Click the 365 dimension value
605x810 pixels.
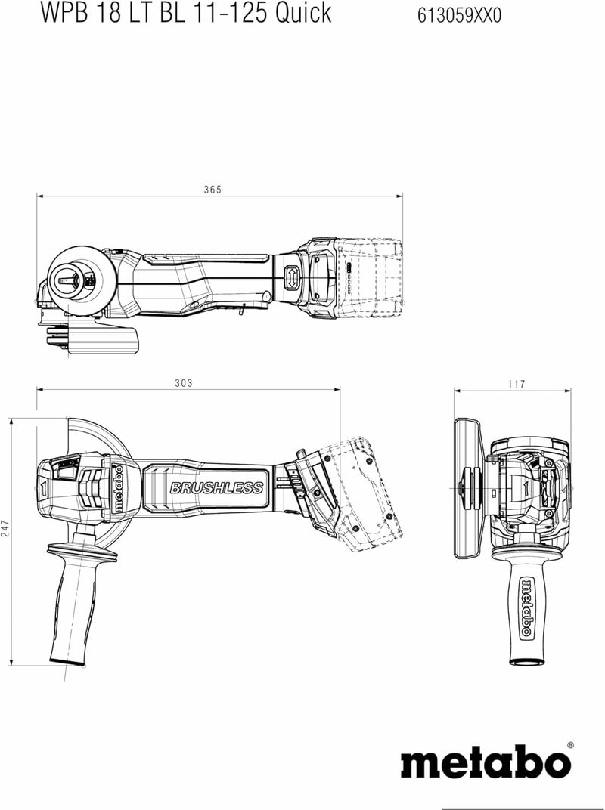pyautogui.click(x=212, y=190)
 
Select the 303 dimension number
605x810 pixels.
pyautogui.click(x=183, y=383)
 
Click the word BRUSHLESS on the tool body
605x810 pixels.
pyautogui.click(x=216, y=488)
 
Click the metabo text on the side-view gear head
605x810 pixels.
pyautogui.click(x=118, y=489)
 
